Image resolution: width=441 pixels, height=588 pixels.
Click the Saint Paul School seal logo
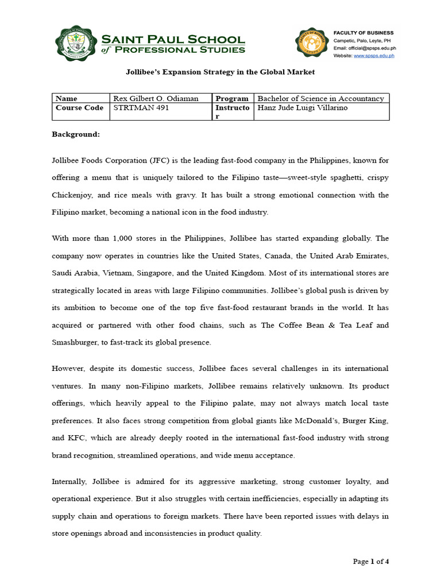point(76,44)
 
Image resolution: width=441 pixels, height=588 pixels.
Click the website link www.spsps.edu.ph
point(373,56)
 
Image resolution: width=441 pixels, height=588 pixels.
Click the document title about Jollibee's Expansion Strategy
point(220,72)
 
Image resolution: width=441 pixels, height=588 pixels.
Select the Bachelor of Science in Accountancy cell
point(321,98)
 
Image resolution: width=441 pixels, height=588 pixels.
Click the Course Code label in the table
point(79,107)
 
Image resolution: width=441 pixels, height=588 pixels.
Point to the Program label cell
point(232,98)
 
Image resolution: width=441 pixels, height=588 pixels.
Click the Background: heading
point(76,134)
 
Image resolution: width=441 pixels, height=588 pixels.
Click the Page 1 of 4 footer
point(370,561)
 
